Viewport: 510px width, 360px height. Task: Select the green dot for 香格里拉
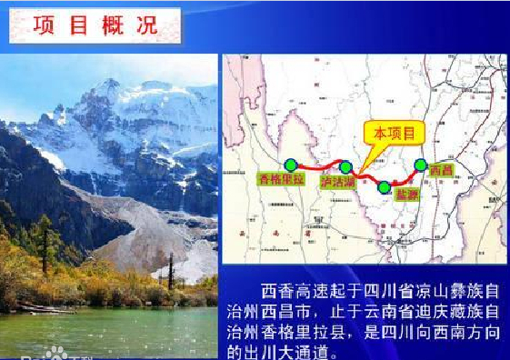(x=291, y=165)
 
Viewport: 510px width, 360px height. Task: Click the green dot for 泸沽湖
(x=345, y=166)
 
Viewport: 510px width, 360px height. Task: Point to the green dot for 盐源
(x=385, y=187)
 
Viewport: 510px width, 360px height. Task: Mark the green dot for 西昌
(x=420, y=165)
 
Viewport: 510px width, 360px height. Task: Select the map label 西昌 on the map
(x=441, y=170)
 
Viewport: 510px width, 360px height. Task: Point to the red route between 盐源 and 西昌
(x=405, y=176)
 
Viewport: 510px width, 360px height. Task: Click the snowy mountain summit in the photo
(x=109, y=85)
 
